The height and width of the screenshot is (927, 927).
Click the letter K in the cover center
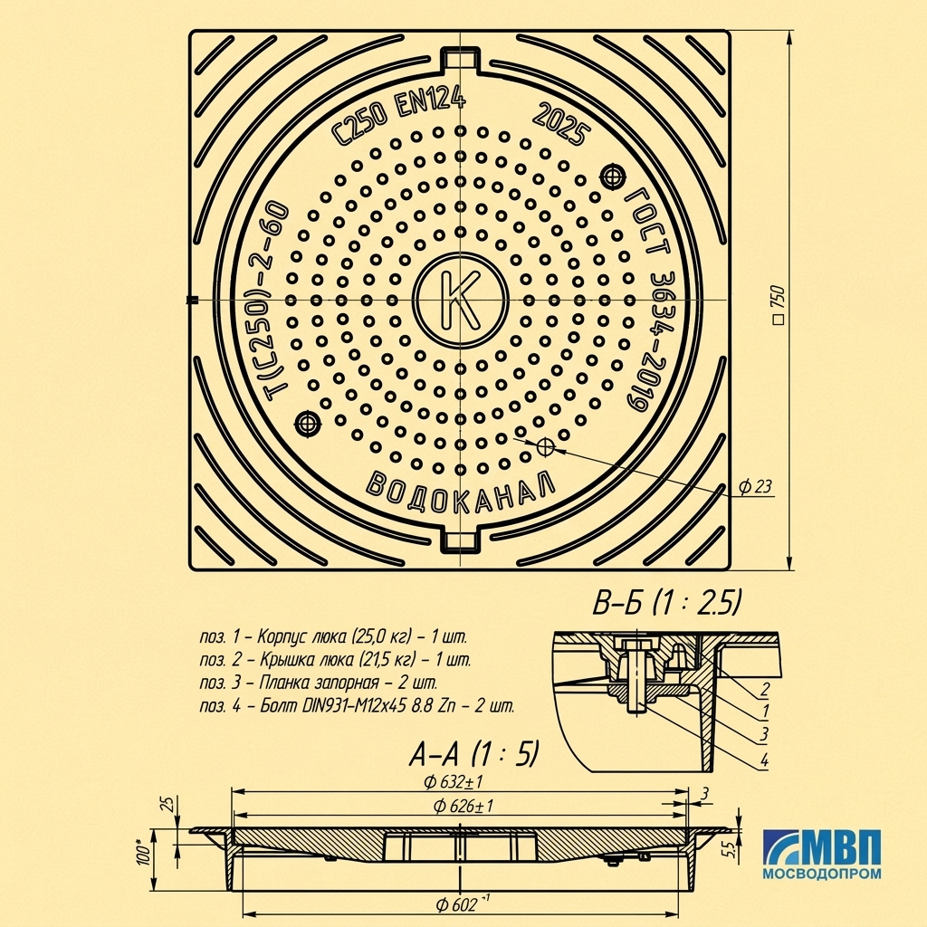[461, 300]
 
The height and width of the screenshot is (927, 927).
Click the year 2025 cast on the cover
[561, 125]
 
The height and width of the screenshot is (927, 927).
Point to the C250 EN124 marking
[398, 117]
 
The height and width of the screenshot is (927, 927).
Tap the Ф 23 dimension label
[755, 486]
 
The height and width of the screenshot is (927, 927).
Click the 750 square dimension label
[779, 305]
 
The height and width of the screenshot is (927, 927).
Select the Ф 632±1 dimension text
[454, 782]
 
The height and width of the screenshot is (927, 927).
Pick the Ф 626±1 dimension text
[463, 806]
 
